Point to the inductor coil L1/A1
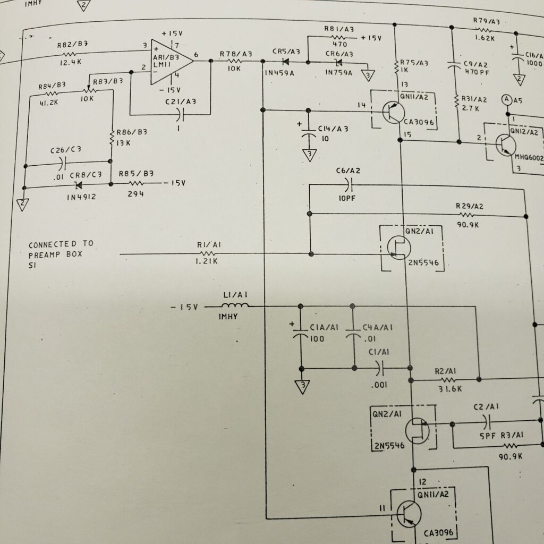click(235, 306)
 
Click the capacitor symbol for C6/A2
click(348, 185)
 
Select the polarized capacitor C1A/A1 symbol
click(301, 336)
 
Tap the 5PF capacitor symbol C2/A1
click(486, 423)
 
